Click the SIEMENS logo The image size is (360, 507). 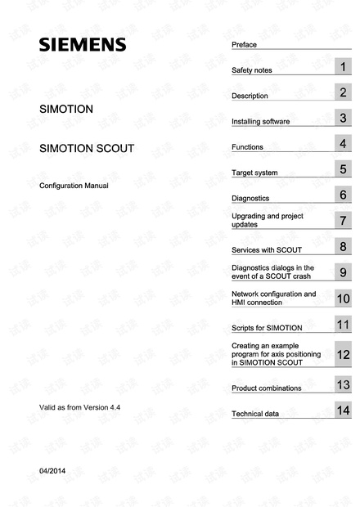coord(83,44)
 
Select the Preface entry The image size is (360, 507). coord(244,43)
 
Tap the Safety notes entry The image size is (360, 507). coord(252,70)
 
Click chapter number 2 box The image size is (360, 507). coord(344,92)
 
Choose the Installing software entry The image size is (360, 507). coord(261,122)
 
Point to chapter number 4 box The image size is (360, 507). coord(344,144)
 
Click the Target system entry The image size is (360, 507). coord(254,173)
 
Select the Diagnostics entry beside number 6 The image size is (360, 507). coord(250,198)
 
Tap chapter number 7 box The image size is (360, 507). coord(344,220)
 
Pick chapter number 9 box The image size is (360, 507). coord(344,271)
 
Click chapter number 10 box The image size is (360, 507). coord(344,298)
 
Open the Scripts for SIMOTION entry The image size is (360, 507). coord(267,327)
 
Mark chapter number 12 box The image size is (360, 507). coord(344,354)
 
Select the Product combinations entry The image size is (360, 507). coord(267,388)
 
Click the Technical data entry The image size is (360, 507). coord(255,414)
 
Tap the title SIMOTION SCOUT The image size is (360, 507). coord(87,150)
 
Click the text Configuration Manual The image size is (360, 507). coord(74,186)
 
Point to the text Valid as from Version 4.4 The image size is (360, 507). coord(80,406)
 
